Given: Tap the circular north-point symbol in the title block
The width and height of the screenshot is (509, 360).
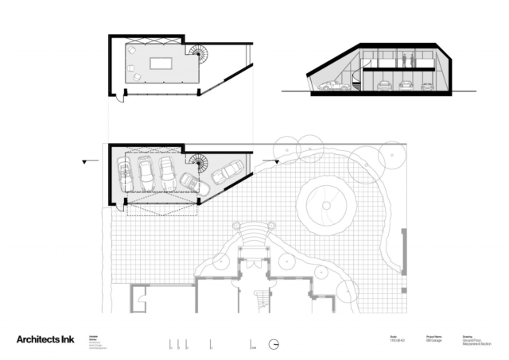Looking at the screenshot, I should pos(274,345).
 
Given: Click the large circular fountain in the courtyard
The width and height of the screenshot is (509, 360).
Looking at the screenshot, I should pos(325,205).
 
